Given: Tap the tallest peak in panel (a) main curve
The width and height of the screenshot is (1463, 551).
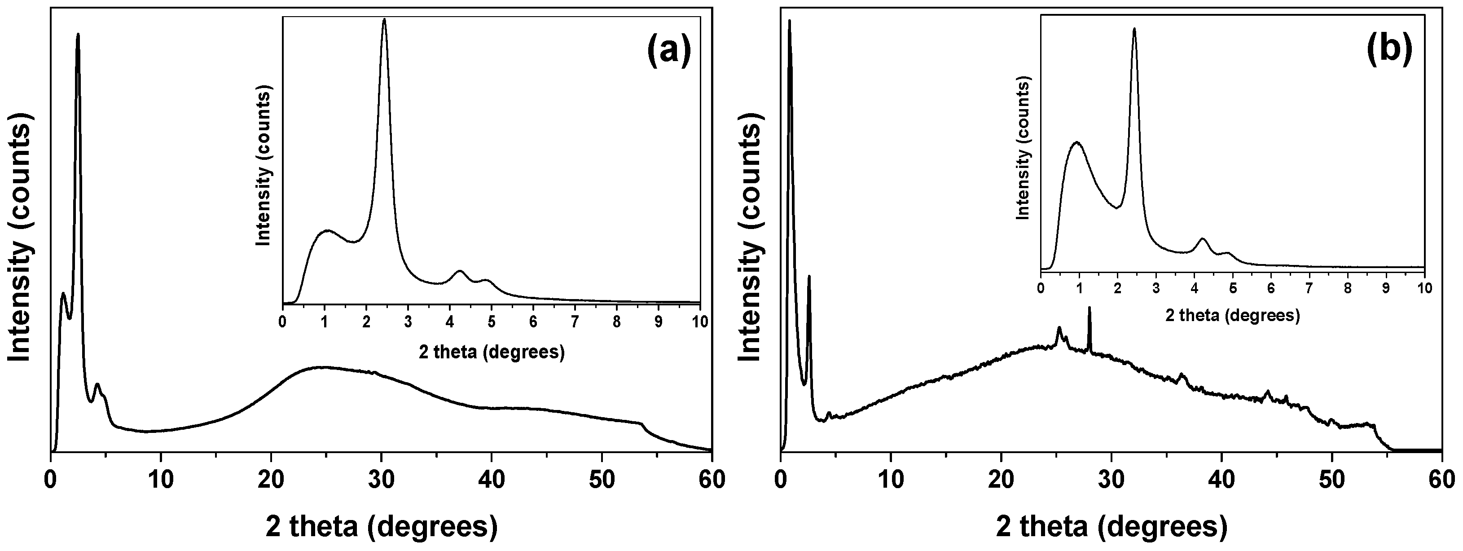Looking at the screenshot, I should point(78,35).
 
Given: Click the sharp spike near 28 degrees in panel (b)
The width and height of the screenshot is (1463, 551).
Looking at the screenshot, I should point(1090,309).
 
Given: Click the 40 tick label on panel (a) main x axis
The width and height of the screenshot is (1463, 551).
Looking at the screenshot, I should point(491,480).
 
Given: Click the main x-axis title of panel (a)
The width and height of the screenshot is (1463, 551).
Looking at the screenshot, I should point(381,527).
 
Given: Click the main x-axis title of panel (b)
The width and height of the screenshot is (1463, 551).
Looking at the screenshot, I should point(1111,527).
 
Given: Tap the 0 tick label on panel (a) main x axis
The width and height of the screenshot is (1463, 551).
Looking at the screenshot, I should point(51,480).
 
